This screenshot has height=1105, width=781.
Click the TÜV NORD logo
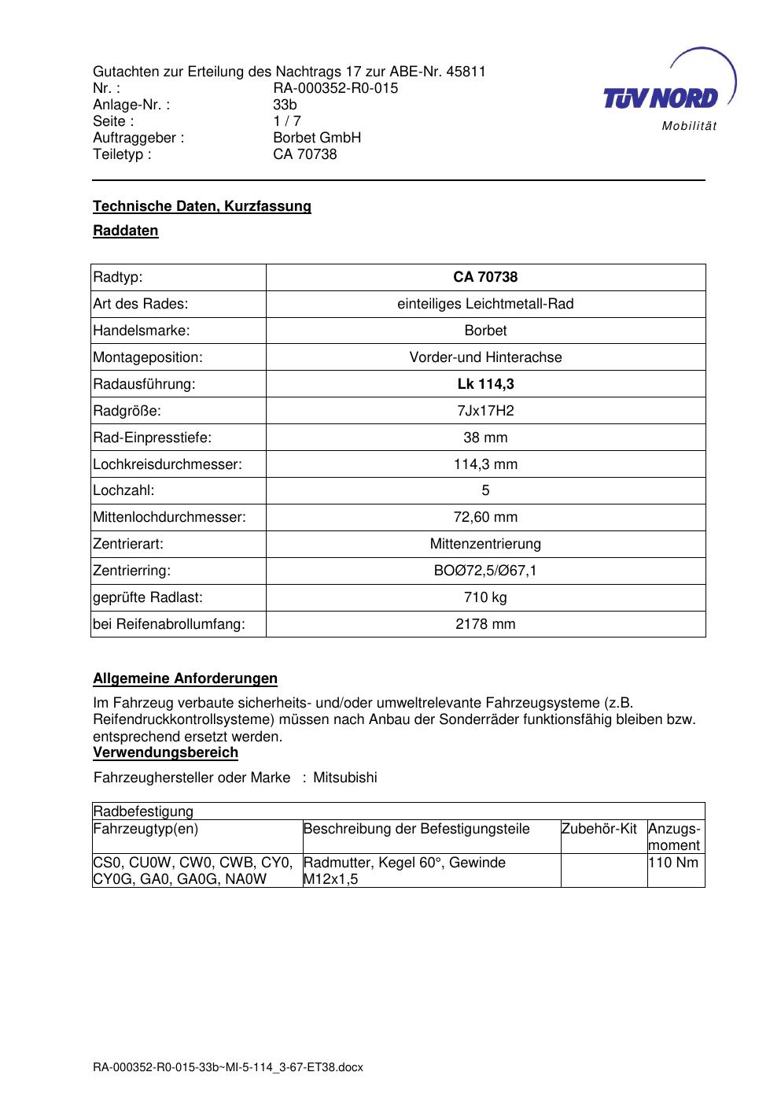pyautogui.click(x=661, y=98)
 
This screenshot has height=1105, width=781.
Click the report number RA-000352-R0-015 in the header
pyautogui.click(x=335, y=88)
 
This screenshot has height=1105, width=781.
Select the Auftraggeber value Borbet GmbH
pyautogui.click(x=317, y=138)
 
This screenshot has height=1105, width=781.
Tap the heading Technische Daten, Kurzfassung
pyautogui.click(x=202, y=206)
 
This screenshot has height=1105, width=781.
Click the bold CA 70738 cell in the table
pyautogui.click(x=485, y=277)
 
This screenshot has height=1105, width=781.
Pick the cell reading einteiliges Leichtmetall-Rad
pyautogui.click(x=485, y=304)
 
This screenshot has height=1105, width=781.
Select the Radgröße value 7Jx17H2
pyautogui.click(x=485, y=411)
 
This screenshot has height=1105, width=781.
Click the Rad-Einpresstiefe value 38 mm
pyautogui.click(x=485, y=438)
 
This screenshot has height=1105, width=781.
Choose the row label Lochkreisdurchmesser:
pyautogui.click(x=168, y=464)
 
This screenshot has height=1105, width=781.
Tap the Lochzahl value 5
pyautogui.click(x=485, y=490)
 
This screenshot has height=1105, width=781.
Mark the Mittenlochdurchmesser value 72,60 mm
pyautogui.click(x=485, y=517)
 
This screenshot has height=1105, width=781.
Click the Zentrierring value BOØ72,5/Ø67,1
pyautogui.click(x=485, y=571)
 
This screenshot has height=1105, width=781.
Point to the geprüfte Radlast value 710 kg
pyautogui.click(x=485, y=597)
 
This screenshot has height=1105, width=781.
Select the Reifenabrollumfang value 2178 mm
pyautogui.click(x=485, y=624)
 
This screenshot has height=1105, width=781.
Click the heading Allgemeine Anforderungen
pyautogui.click(x=185, y=678)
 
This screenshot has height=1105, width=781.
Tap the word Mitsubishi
pyautogui.click(x=345, y=778)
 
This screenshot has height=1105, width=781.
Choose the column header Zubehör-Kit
pyautogui.click(x=599, y=829)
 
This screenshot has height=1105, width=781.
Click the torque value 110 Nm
pyautogui.click(x=673, y=863)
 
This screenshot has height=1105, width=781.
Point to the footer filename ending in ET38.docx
pyautogui.click(x=228, y=1067)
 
